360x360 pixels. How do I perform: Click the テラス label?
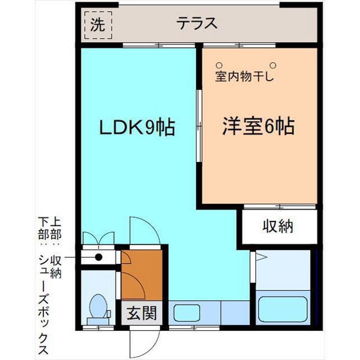197,24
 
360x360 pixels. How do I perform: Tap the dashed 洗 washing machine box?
98,25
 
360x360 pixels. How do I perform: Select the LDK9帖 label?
137,127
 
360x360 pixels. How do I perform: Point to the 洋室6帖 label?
259,126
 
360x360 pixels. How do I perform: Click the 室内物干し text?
245,76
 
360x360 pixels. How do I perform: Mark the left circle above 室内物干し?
219,65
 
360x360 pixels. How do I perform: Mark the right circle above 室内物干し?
273,65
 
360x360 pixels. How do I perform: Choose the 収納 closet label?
278,226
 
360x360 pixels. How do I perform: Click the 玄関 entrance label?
142,313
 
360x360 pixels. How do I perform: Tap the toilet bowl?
98,306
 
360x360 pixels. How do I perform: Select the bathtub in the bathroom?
283,309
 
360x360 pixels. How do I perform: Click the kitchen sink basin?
187,313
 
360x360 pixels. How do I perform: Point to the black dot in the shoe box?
99,257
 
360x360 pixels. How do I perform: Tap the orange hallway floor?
142,275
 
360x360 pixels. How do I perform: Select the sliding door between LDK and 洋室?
199,126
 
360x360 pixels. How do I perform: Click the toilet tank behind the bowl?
98,321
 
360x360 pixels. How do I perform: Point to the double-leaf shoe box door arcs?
98,238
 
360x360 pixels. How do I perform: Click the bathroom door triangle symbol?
261,256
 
